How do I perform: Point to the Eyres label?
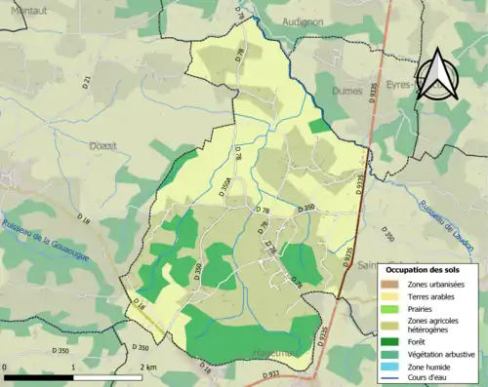point(397,86)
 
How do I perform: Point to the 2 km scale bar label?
point(147,367)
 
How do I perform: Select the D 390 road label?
point(389,235)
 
